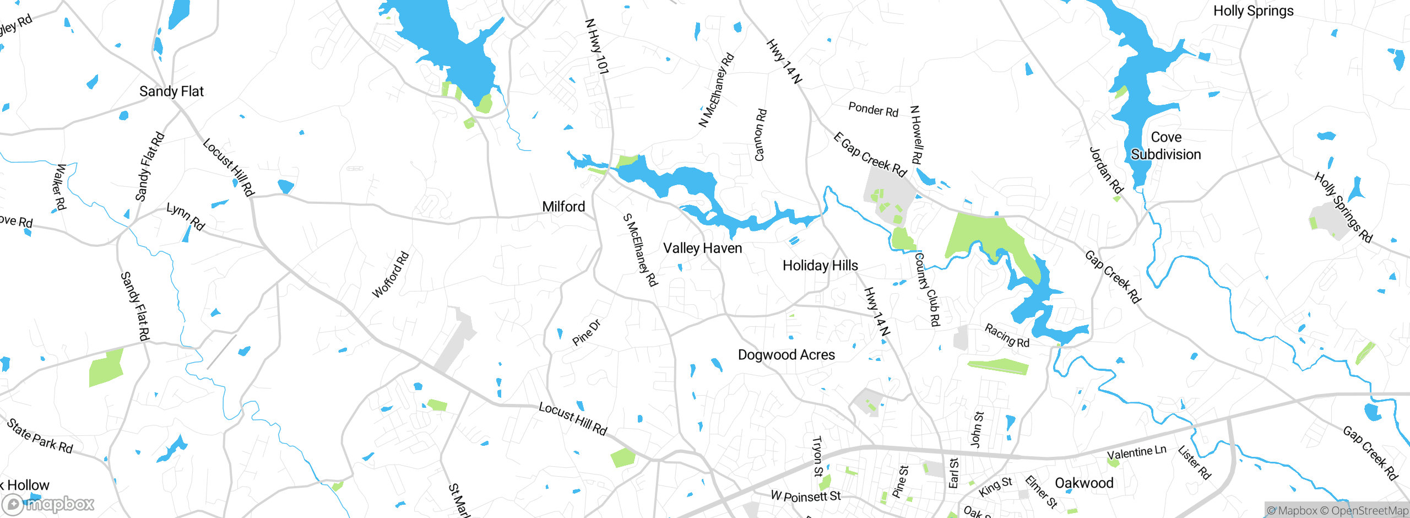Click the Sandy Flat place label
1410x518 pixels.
coord(171,91)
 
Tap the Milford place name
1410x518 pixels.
coord(563,207)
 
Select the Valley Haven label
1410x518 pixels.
coord(702,249)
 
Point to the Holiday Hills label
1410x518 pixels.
coord(820,266)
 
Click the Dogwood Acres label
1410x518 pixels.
coord(786,355)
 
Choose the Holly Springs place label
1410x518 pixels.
coord(1253,11)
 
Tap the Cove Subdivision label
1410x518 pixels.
coord(1166,146)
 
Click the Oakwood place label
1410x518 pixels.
coord(1084,483)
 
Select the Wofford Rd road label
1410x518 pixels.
coord(391,274)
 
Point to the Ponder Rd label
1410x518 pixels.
coord(873,109)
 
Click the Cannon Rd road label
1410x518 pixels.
coord(760,135)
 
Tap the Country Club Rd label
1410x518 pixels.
coord(927,289)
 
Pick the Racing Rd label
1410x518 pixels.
coord(1007,336)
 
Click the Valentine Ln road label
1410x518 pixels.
coord(1136,453)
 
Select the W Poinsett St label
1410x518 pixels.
coord(805,496)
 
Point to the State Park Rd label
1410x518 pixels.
coord(40,436)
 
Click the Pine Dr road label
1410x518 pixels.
coord(586,333)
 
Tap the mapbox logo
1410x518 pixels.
coord(48,504)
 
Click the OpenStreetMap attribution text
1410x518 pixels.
coord(1367,511)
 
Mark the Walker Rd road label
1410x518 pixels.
coord(59,187)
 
